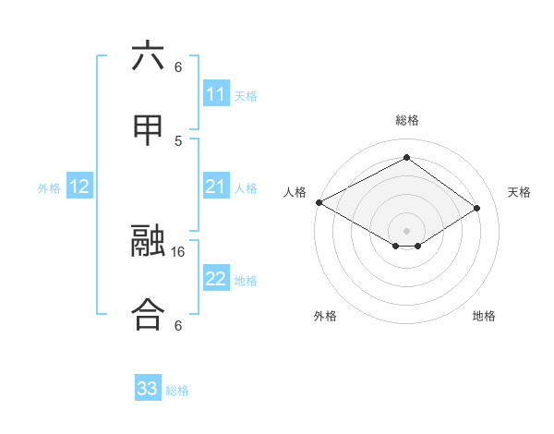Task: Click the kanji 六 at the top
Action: [148, 56]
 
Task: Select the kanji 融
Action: [148, 243]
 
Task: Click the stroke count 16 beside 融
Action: [178, 251]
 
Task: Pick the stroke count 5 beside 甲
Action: [178, 140]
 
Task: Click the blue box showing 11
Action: [216, 94]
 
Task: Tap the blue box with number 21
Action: [216, 187]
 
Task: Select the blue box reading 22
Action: [216, 279]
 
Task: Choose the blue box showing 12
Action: [79, 187]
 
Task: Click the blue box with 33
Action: [148, 389]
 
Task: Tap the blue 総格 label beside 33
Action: [178, 391]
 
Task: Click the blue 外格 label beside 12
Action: [49, 188]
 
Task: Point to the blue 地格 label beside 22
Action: [247, 281]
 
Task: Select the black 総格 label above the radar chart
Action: [406, 120]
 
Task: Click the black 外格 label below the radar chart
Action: [325, 316]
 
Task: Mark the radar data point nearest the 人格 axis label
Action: [319, 201]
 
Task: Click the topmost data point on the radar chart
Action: [406, 158]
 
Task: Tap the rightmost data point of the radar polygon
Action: [477, 209]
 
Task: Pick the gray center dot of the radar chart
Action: [406, 229]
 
